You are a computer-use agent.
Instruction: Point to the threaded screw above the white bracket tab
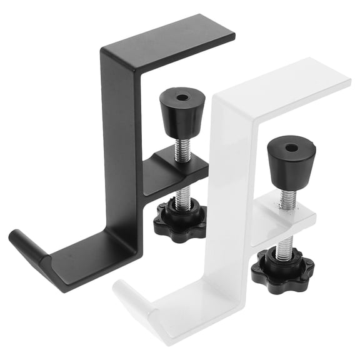287,198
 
